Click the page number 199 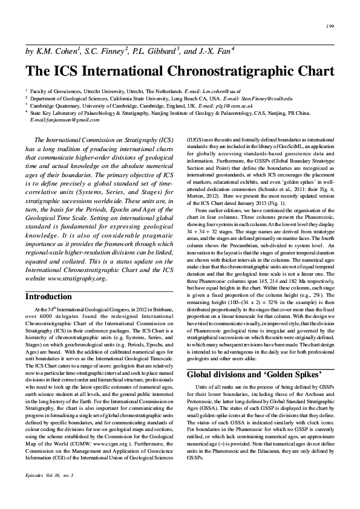tap(330, 26)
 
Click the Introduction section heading tap(48, 297)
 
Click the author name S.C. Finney tap(107, 51)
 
